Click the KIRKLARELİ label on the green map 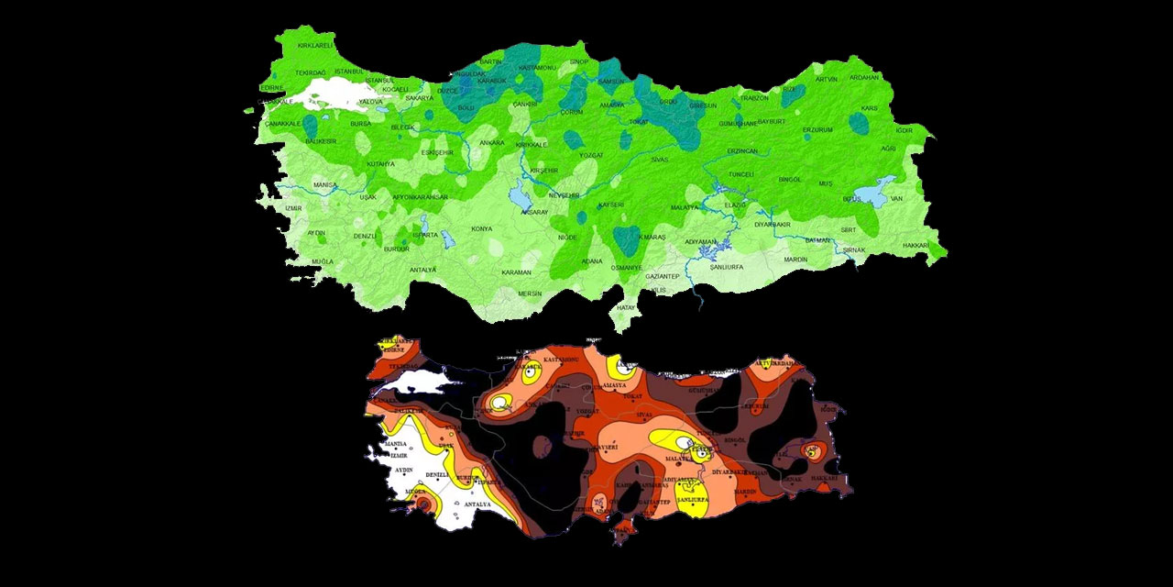click(315, 45)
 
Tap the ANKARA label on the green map click(491, 143)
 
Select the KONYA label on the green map click(481, 228)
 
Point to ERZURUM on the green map click(817, 130)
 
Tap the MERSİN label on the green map click(530, 293)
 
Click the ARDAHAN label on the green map click(864, 78)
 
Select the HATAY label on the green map click(627, 307)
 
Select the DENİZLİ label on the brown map click(438, 475)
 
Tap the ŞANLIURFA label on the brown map click(695, 501)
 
